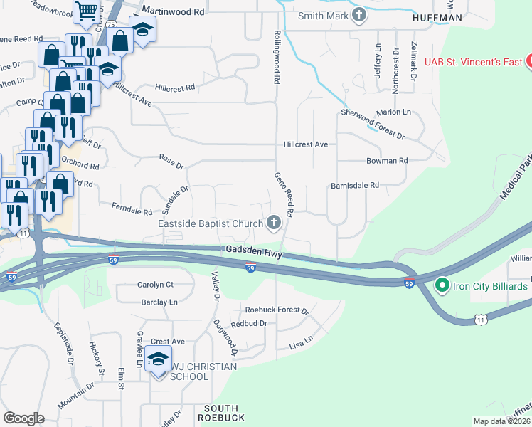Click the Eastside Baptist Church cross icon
point(273,223)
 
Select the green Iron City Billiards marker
point(442,286)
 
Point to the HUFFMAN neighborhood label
point(437,17)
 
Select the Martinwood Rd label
point(173,12)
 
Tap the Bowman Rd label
point(387,161)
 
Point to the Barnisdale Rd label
point(355,185)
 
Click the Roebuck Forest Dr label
point(277,310)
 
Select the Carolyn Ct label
point(155,284)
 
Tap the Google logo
point(24,418)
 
